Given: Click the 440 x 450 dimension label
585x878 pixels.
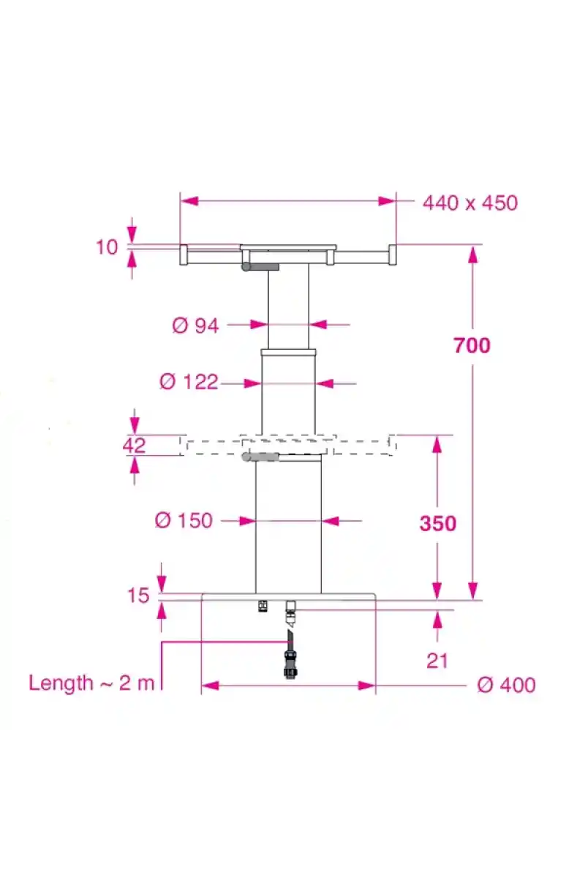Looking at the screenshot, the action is click(469, 203).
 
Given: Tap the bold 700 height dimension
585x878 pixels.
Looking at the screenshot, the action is click(472, 345).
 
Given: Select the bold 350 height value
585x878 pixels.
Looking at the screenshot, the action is click(438, 523).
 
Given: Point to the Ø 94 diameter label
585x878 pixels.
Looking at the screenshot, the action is click(195, 326).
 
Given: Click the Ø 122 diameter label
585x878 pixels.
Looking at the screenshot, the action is click(189, 382).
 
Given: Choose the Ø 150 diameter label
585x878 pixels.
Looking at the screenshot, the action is click(184, 520).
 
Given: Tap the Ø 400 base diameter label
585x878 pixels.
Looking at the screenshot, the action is click(506, 685).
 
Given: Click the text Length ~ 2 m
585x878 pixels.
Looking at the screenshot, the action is click(91, 683).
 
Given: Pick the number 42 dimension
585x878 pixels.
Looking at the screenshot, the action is click(134, 446).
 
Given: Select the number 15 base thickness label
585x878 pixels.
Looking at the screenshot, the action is click(139, 596).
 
